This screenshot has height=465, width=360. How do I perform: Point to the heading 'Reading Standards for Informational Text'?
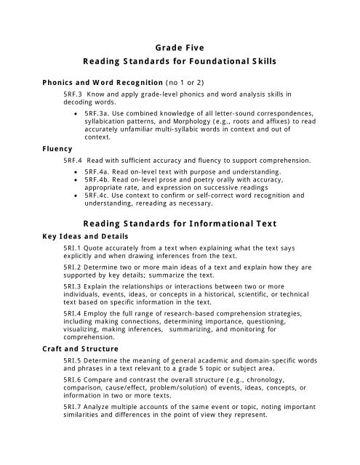pyautogui.click(x=179, y=224)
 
